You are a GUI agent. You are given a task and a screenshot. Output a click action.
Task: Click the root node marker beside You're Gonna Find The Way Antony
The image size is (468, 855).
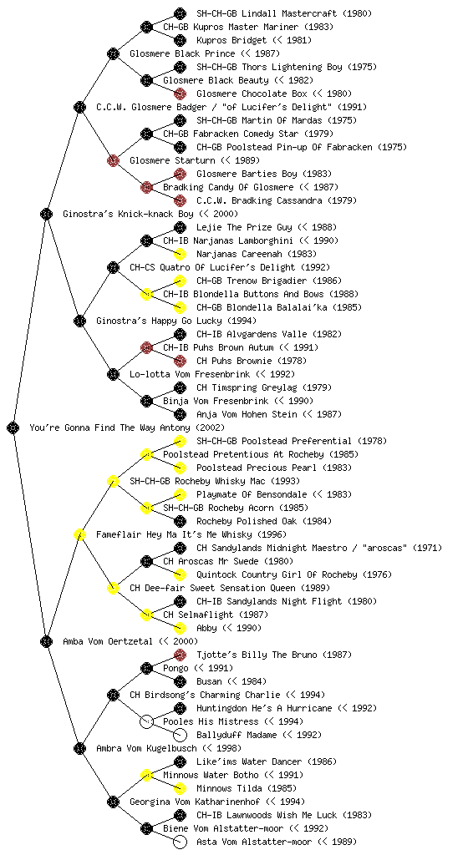(x=13, y=427)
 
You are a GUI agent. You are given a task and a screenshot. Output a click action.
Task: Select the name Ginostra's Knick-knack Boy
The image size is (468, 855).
(x=129, y=214)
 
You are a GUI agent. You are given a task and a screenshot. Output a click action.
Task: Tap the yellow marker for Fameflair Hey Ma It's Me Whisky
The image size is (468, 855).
(x=79, y=534)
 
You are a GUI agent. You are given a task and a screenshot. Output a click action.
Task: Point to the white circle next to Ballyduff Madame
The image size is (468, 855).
(x=180, y=735)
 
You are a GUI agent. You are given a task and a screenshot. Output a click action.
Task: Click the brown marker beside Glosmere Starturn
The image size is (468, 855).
(x=113, y=160)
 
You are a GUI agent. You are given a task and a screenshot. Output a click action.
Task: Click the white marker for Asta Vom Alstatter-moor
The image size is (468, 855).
(x=180, y=842)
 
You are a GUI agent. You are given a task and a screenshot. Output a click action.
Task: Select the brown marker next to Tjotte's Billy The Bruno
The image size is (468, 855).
(x=180, y=655)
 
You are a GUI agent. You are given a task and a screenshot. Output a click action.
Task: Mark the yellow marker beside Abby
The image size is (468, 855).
(x=180, y=628)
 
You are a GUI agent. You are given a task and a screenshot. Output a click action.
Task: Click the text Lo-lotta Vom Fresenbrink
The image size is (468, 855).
(x=190, y=374)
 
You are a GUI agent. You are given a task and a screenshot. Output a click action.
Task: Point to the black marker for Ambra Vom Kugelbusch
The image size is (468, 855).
(x=79, y=748)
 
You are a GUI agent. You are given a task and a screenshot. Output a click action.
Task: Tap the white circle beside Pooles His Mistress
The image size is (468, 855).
(x=146, y=721)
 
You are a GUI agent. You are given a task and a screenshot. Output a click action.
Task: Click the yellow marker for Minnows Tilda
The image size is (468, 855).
(x=180, y=788)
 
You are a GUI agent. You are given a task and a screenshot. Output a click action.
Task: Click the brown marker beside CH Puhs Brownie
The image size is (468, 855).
(x=180, y=361)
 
